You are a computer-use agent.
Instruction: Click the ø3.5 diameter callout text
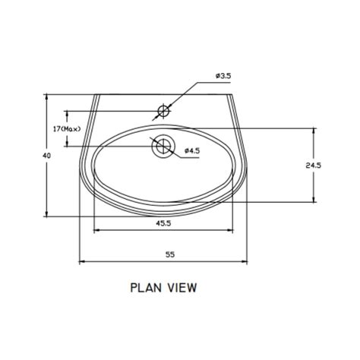(x=223, y=77)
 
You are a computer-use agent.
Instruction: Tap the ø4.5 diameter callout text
(x=193, y=150)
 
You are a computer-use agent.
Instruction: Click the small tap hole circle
(x=163, y=112)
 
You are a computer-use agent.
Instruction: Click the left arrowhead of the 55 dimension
(x=82, y=263)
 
